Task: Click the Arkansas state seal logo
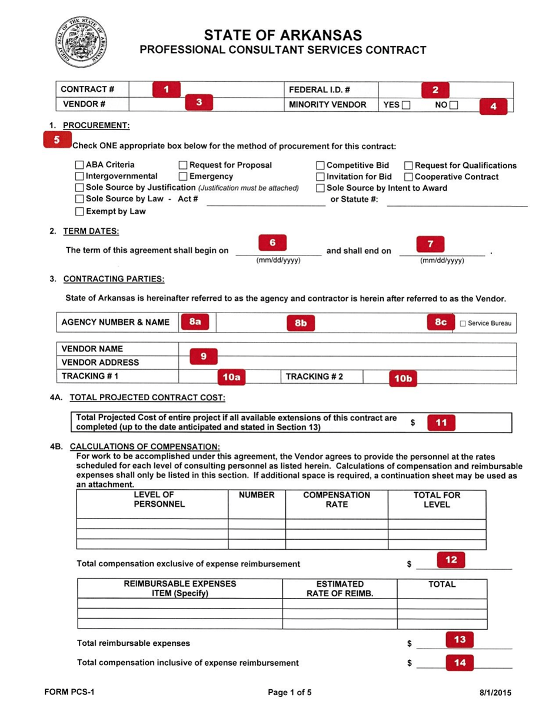(x=82, y=44)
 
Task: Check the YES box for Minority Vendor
(x=406, y=105)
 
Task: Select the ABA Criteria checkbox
(x=79, y=165)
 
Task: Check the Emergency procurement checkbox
(x=183, y=177)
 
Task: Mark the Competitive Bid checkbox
(x=320, y=165)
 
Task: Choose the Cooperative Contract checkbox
(x=409, y=177)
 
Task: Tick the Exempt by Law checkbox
(x=79, y=211)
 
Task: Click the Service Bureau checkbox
(x=462, y=324)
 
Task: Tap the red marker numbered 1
(x=167, y=89)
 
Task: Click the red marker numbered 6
(x=272, y=243)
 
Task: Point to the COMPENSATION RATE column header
(x=337, y=500)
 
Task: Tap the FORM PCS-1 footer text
(x=69, y=692)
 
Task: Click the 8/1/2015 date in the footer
(x=495, y=693)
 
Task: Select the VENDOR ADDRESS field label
(x=100, y=363)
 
